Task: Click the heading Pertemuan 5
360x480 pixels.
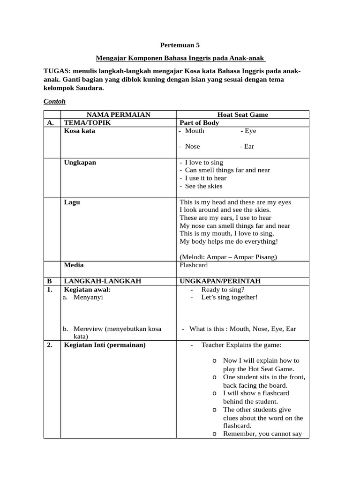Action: point(180,45)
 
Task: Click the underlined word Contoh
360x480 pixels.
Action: point(54,101)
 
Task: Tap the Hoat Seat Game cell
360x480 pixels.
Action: point(242,115)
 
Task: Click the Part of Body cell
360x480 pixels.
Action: point(199,123)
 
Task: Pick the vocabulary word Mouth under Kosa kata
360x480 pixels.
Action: point(195,131)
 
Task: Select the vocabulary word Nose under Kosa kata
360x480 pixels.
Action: point(192,146)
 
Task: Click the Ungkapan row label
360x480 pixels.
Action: point(80,162)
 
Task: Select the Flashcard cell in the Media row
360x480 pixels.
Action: point(194,265)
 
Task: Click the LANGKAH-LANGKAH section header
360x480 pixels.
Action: point(102,281)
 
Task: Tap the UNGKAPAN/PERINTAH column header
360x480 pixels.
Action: point(220,281)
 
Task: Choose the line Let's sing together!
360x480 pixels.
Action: point(229,297)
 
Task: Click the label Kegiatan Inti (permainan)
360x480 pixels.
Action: point(105,345)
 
